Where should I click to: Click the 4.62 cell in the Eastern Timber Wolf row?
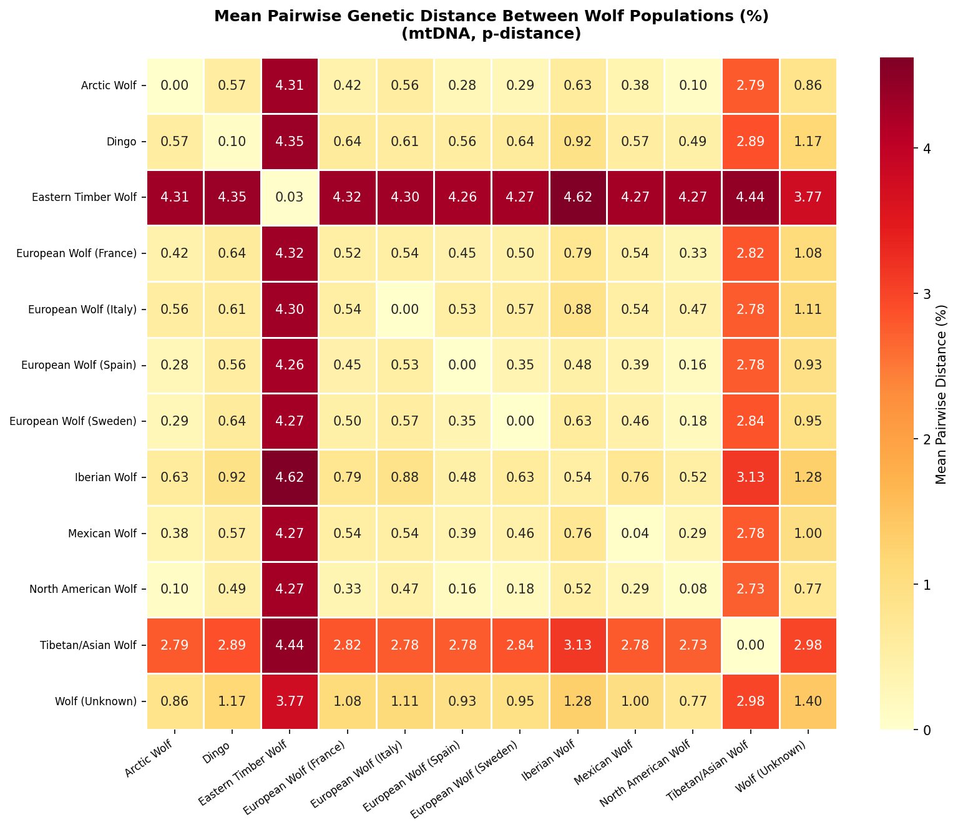578,198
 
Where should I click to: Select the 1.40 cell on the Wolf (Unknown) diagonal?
808,701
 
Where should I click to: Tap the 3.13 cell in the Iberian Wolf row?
750,477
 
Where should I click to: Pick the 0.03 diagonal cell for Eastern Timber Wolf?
290,198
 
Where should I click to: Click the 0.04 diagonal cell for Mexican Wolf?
635,534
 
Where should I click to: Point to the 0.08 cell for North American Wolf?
693,589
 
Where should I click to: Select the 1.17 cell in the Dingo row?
808,142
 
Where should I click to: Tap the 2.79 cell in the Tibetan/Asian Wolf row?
175,645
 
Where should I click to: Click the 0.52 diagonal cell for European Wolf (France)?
348,254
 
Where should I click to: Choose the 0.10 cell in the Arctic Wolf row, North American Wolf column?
693,85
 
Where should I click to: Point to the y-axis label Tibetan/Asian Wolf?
89,645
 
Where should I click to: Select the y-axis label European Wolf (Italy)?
82,310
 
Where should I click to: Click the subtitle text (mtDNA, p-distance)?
491,34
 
